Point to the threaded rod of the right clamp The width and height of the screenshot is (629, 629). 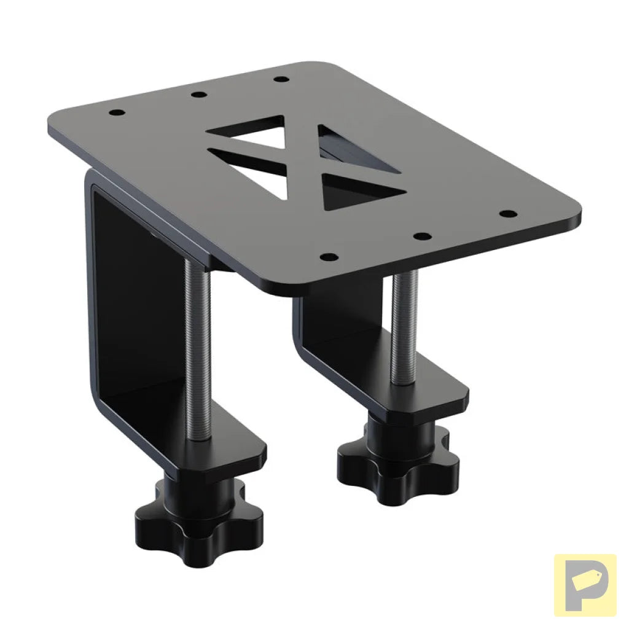(404, 326)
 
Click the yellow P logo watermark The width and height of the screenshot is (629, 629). (585, 584)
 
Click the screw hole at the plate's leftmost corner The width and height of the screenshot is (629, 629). (116, 113)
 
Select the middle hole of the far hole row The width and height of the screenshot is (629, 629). (198, 95)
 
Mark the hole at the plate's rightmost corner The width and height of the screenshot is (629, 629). (508, 214)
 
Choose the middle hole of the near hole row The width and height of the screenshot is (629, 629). (420, 235)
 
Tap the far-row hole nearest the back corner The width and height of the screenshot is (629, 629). (280, 79)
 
